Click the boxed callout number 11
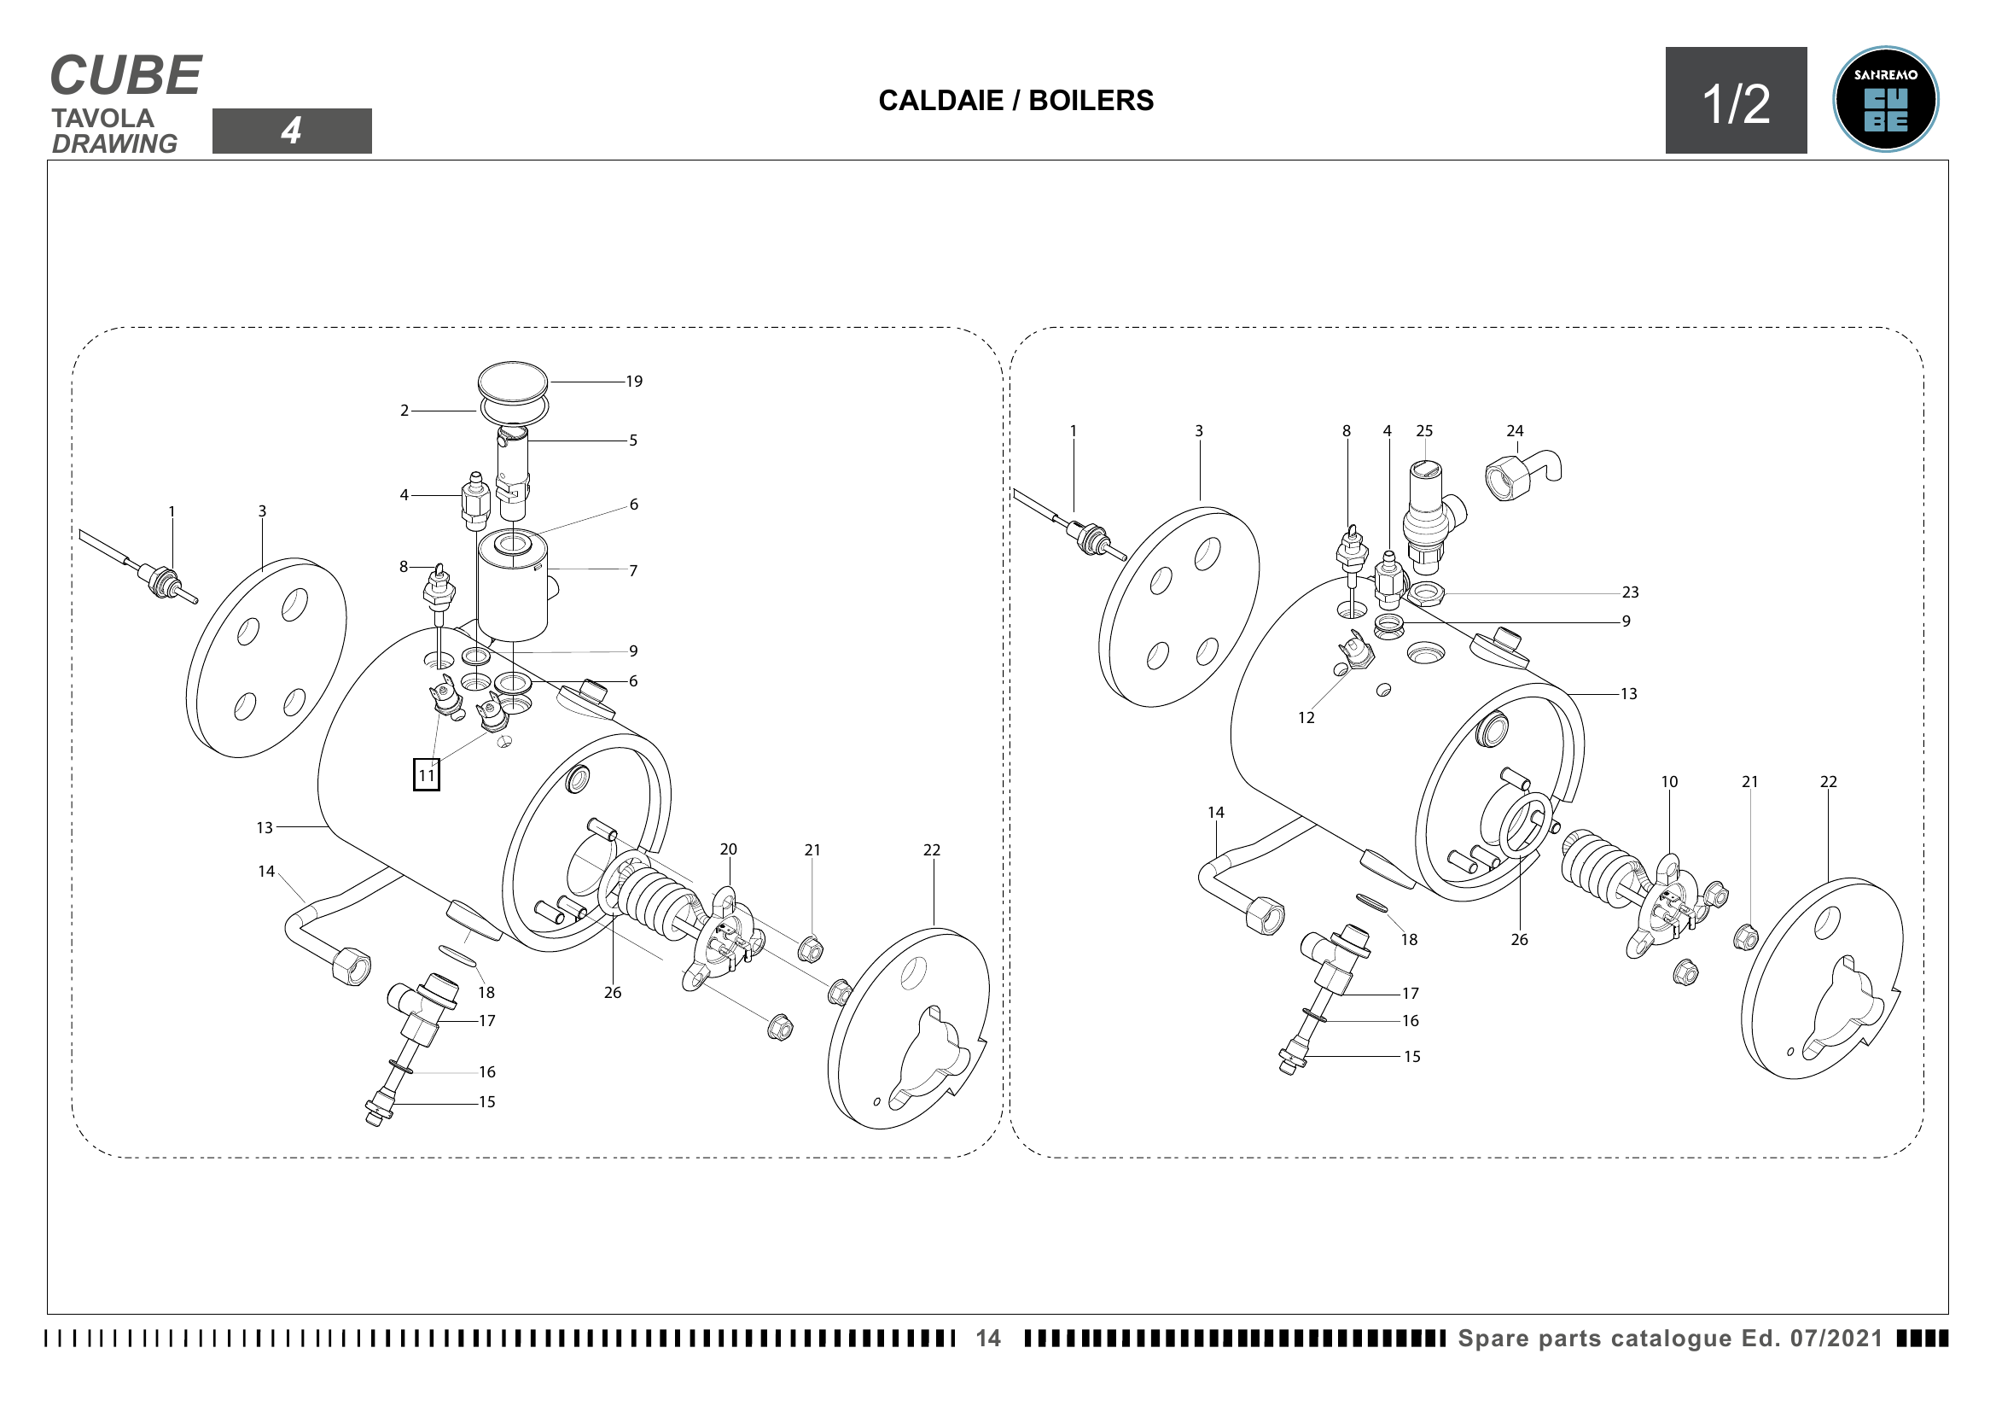[426, 774]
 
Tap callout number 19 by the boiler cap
[634, 382]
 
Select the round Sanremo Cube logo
[1886, 99]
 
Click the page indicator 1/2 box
[1736, 101]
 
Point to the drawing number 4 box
[292, 131]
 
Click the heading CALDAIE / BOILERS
[1016, 100]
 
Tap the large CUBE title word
[126, 75]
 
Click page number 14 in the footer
[988, 1338]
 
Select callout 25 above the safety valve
[1424, 431]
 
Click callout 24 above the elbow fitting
[1516, 431]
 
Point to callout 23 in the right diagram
[1630, 593]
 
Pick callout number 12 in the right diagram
[1306, 718]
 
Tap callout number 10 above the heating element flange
[1669, 783]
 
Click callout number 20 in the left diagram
[729, 849]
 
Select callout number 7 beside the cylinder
[633, 571]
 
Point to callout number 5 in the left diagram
[633, 441]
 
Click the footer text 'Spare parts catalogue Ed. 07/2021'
[1670, 1338]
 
